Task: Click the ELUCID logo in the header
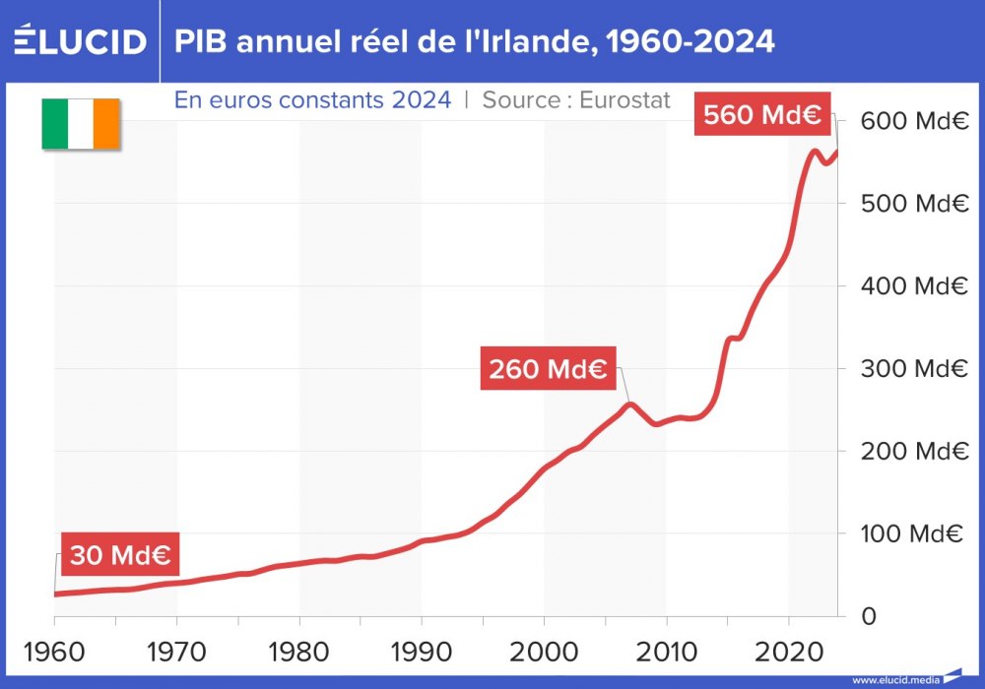[80, 41]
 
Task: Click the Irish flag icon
[80, 124]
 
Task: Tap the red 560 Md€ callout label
[761, 114]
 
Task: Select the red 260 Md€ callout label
[547, 370]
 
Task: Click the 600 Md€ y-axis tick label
[910, 122]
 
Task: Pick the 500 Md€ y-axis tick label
[910, 204]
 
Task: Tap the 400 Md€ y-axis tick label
[910, 286]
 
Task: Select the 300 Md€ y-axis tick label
[910, 369]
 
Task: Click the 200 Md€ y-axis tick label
[910, 451]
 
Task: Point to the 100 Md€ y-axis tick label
[910, 533]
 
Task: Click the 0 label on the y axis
[867, 616]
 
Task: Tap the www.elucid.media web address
[894, 680]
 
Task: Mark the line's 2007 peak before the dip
[629, 404]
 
